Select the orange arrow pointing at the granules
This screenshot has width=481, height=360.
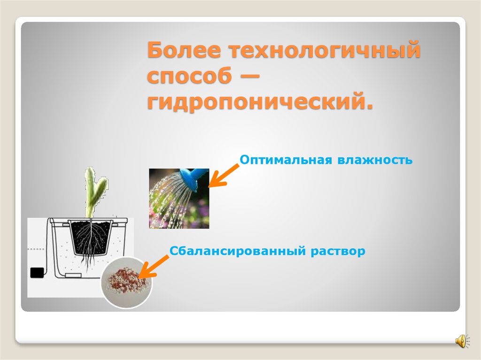(x=155, y=267)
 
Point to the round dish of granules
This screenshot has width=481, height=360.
(x=125, y=283)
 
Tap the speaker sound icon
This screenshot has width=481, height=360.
(x=460, y=341)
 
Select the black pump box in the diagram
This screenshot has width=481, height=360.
(x=36, y=273)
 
